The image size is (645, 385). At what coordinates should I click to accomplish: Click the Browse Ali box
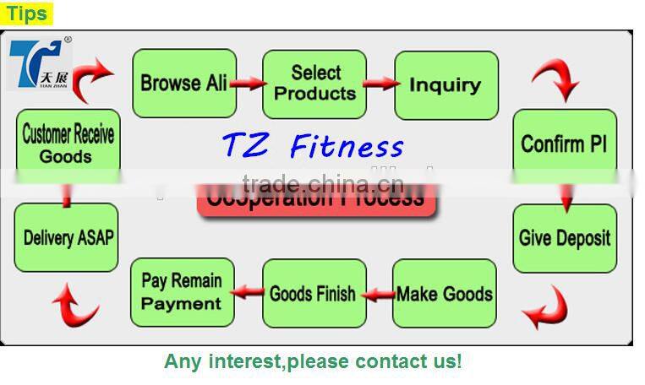[x=183, y=84]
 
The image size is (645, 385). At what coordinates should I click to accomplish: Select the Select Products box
[x=314, y=84]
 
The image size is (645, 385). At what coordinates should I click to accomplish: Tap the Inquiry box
[x=445, y=84]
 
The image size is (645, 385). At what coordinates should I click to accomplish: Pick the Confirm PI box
[x=564, y=143]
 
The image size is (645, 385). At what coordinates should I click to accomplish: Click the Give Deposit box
[x=564, y=238]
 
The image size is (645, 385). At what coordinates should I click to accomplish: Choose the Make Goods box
[x=444, y=294]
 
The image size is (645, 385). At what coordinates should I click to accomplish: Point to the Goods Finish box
[x=313, y=294]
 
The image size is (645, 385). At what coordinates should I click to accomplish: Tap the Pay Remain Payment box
[x=182, y=292]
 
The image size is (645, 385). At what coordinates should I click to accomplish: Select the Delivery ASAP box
[x=67, y=237]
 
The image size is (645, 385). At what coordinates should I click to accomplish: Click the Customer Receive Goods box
[x=67, y=144]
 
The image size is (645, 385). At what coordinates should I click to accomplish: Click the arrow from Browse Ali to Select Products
[x=249, y=84]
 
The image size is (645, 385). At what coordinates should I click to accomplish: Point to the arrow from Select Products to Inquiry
[x=380, y=83]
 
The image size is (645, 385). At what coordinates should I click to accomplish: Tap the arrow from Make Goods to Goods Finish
[x=379, y=295]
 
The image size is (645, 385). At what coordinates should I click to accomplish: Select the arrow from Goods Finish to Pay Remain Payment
[x=248, y=292]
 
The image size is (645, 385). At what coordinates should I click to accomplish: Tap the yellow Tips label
[x=26, y=13]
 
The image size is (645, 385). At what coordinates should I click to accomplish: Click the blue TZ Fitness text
[x=313, y=145]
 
